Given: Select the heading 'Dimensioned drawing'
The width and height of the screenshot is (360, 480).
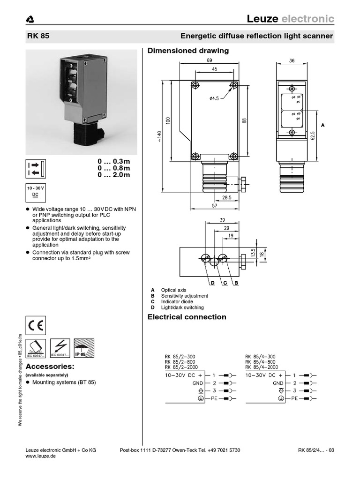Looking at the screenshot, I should click(188, 51).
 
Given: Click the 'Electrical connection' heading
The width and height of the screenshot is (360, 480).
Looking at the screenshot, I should click(187, 317).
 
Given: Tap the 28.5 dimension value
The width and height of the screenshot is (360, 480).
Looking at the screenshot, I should click(227, 198).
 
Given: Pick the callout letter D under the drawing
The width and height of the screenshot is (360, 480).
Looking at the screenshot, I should click(212, 283).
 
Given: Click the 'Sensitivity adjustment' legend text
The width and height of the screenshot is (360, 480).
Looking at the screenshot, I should click(184, 296).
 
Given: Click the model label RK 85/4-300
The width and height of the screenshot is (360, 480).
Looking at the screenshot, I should click(260, 356).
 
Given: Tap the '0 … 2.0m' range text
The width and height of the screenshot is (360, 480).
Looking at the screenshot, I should click(113, 175).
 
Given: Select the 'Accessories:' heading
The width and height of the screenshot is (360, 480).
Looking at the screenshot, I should click(50, 366).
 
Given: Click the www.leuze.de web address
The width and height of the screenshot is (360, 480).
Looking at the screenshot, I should click(40, 456).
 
